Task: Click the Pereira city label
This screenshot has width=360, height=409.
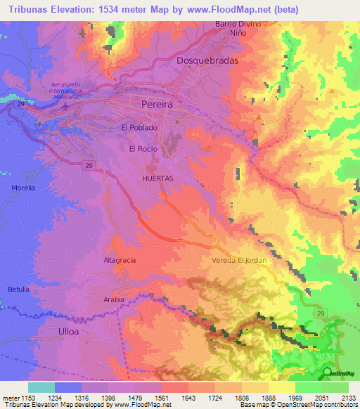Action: click(157, 103)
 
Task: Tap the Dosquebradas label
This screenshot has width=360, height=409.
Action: click(207, 60)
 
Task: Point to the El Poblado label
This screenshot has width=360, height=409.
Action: click(137, 128)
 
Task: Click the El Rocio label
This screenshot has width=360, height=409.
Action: click(143, 149)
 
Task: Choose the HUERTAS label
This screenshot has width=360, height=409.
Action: click(157, 179)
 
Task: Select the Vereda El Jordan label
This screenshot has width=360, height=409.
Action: click(239, 261)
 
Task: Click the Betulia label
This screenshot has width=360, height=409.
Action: click(19, 290)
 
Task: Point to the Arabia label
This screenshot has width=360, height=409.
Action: click(114, 299)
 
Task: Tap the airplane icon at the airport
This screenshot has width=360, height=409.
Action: click(66, 107)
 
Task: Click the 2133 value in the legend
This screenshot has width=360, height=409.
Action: click(348, 398)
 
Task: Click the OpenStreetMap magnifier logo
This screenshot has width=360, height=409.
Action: click(328, 374)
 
